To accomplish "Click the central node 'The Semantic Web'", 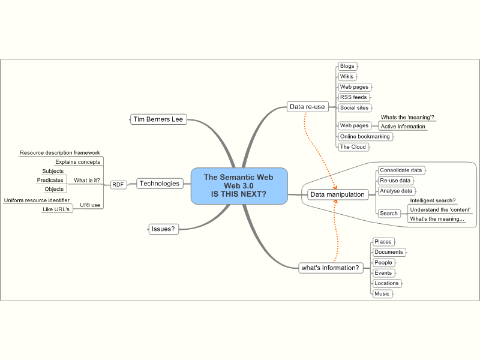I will pyautogui.click(x=239, y=185).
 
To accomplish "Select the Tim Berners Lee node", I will pyautogui.click(x=158, y=119).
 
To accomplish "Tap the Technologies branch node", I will pyautogui.click(x=160, y=184).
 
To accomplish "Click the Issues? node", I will pyautogui.click(x=163, y=229).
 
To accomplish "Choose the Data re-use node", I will pyautogui.click(x=307, y=107).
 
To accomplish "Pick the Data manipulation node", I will pyautogui.click(x=337, y=194).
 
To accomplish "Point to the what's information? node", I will pyautogui.click(x=330, y=268).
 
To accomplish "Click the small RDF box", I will pyautogui.click(x=119, y=185).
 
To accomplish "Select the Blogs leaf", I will pyautogui.click(x=347, y=66).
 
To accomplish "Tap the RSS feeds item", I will pyautogui.click(x=353, y=97).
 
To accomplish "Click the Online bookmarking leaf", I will pyautogui.click(x=365, y=136).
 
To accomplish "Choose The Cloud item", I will pyautogui.click(x=353, y=146).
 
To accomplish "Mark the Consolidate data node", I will pyautogui.click(x=401, y=170).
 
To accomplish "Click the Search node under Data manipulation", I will pyautogui.click(x=389, y=213).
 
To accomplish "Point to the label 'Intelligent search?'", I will pyautogui.click(x=433, y=200).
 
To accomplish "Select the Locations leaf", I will pyautogui.click(x=386, y=283).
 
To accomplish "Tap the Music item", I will pyautogui.click(x=382, y=294).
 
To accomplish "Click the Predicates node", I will pyautogui.click(x=50, y=180).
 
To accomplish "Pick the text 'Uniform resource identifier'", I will pyautogui.click(x=37, y=200).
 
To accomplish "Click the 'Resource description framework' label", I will pyautogui.click(x=60, y=153).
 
